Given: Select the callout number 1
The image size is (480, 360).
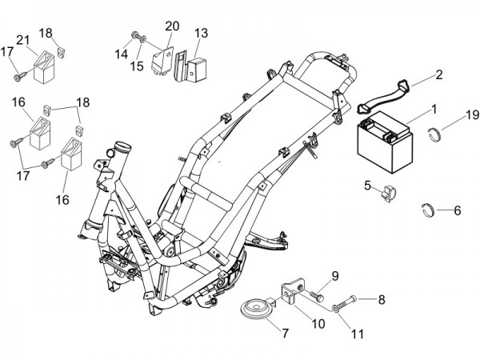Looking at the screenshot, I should tap(434, 108).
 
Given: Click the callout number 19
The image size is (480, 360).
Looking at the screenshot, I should tap(471, 114).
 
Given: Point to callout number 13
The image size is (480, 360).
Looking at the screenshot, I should tap(200, 33).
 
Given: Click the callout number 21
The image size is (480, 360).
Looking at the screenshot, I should tap(22, 41).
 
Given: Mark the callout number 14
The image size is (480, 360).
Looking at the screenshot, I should tap(121, 53).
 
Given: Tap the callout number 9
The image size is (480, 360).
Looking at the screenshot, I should tap(334, 276).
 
